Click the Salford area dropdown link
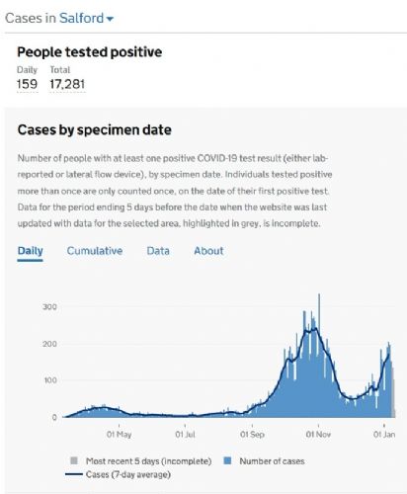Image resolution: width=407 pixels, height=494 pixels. click(86, 18)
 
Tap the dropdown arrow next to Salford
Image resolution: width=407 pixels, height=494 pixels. click(110, 19)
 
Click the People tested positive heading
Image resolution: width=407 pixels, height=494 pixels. click(90, 52)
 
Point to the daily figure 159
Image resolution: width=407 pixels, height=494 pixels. click(27, 84)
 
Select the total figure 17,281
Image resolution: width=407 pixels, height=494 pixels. click(67, 84)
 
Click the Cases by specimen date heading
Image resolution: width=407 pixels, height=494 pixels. click(95, 130)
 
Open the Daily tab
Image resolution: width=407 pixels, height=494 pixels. click(30, 251)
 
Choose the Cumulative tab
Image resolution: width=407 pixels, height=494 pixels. click(95, 251)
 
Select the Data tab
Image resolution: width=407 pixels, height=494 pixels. click(158, 251)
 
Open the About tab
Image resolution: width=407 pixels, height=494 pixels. click(208, 251)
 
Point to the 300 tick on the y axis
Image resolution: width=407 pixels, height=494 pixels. click(49, 307)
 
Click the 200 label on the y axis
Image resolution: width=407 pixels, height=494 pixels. click(49, 344)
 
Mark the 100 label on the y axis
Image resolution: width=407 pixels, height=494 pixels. click(50, 380)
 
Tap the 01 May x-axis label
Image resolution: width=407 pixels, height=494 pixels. click(120, 435)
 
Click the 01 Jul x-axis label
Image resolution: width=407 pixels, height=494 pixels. click(185, 435)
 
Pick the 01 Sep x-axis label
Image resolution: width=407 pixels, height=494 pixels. click(252, 435)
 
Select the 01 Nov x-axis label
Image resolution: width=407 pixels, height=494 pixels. click(318, 435)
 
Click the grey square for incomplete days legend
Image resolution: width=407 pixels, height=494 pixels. click(74, 460)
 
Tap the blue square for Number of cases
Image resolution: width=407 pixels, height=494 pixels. click(227, 460)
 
